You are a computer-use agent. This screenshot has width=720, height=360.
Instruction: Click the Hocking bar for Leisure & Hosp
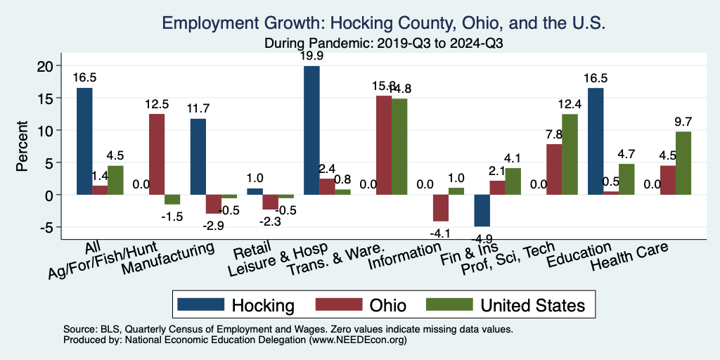pos(311,130)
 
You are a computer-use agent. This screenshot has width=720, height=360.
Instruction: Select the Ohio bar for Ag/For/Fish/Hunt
pos(157,154)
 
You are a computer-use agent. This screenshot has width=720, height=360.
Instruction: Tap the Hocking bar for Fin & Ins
pos(482,210)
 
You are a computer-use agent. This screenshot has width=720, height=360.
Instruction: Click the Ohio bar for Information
pos(441,207)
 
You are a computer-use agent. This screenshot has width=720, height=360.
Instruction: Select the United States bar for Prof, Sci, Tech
pos(569,154)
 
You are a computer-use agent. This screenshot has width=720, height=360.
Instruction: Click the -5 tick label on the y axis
pos(44,227)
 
